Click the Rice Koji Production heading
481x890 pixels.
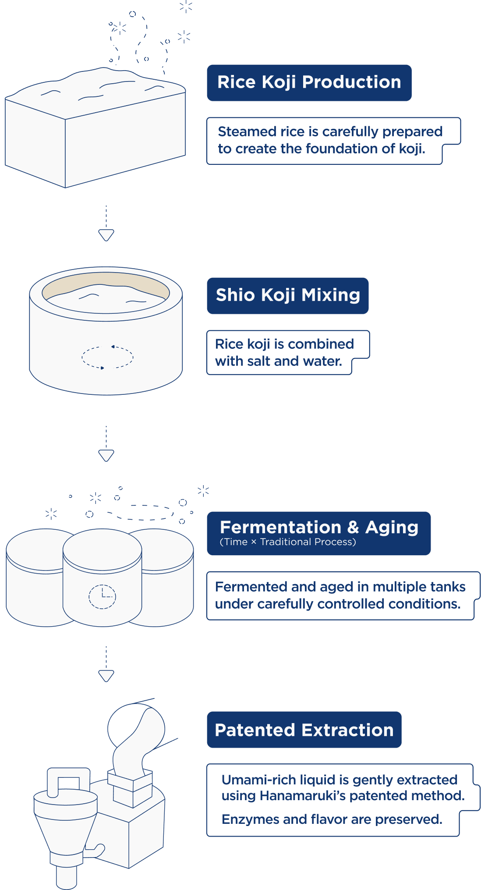[x=309, y=82]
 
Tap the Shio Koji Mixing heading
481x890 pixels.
[x=287, y=295]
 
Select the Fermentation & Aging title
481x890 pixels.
[x=318, y=527]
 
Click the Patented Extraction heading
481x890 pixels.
[x=304, y=730]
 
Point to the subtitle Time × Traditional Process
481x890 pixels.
[x=287, y=542]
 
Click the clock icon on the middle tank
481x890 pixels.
[x=102, y=596]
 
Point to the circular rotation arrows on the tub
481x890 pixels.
[x=107, y=357]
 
